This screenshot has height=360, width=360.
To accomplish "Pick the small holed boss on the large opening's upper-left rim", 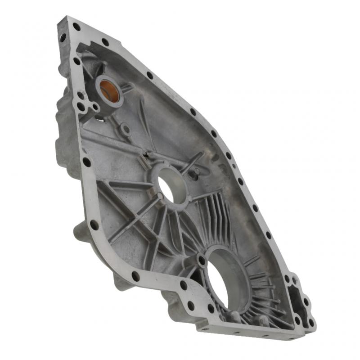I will pyautogui.click(x=201, y=260).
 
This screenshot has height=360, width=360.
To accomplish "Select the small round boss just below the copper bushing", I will pyautogui.click(x=126, y=130).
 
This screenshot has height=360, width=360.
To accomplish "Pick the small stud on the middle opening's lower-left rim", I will pyautogui.click(x=160, y=196).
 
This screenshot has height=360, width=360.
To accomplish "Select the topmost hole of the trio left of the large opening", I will pyautogui.click(x=183, y=285).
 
